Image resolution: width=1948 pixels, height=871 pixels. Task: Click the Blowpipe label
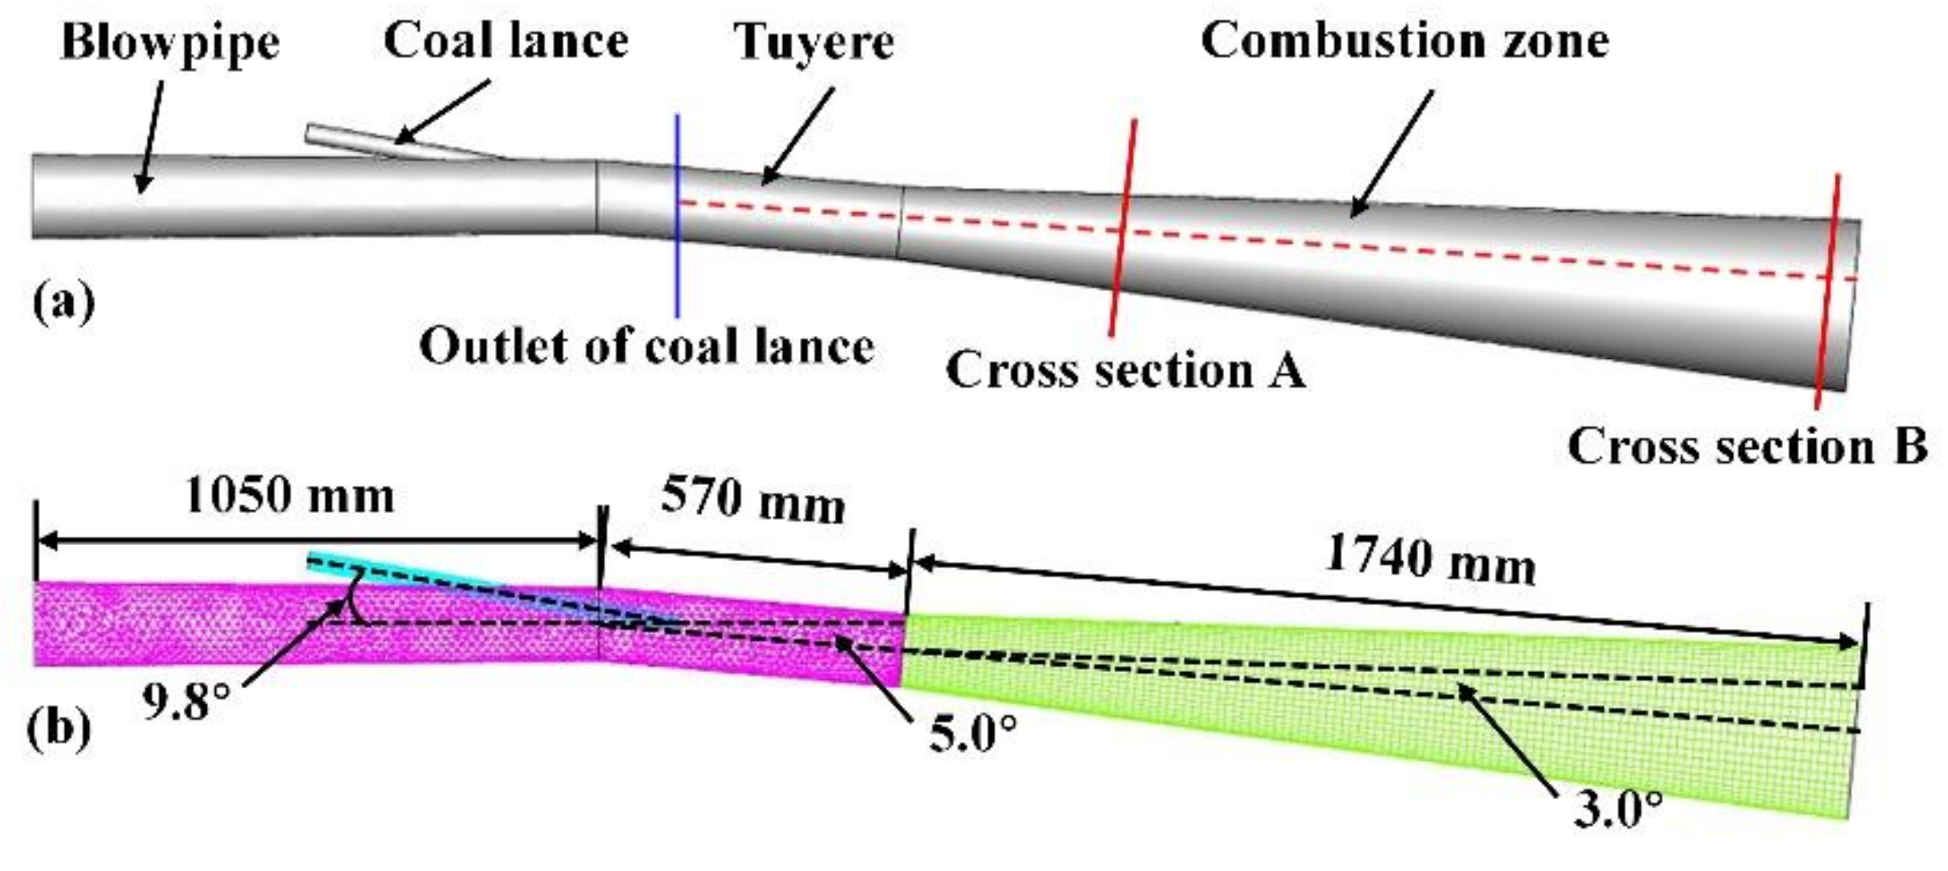click(x=170, y=42)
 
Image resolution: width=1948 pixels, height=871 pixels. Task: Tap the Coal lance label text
click(x=506, y=41)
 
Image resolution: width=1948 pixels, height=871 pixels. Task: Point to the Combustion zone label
click(x=1404, y=41)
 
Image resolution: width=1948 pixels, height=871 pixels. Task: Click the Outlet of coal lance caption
click(x=647, y=346)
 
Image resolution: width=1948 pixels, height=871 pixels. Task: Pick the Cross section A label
click(x=1125, y=370)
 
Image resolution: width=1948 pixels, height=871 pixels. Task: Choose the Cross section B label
click(x=1747, y=446)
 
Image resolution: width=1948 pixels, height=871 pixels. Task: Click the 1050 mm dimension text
click(x=290, y=497)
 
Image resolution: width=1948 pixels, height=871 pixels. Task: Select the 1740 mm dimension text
click(x=1429, y=560)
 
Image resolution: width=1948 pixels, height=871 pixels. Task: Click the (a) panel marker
click(x=63, y=303)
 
